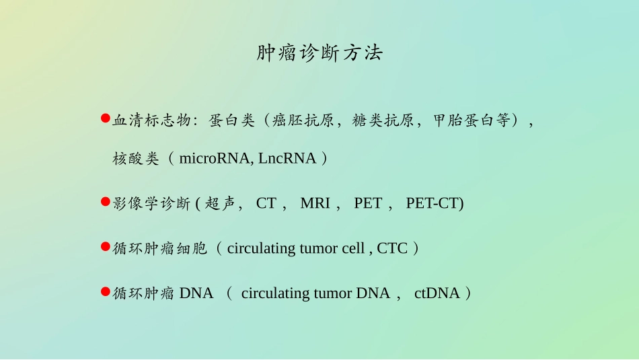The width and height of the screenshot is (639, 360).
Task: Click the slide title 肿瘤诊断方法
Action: coord(319,53)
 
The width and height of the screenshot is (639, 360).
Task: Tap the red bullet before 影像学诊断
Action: coord(105,202)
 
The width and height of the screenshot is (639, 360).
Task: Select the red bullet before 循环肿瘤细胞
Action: coord(105,247)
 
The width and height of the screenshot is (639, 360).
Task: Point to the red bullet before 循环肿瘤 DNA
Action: coord(105,291)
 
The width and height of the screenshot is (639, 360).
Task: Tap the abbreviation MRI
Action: coord(315,203)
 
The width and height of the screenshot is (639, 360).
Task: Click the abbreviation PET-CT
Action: coord(435,203)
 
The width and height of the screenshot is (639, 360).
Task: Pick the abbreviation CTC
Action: coord(392,248)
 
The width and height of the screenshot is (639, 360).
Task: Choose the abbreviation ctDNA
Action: coord(437,293)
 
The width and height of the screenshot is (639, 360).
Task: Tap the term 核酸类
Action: coord(136,159)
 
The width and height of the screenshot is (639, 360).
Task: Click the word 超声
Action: coord(223,203)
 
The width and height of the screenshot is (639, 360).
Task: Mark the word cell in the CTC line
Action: coord(353,248)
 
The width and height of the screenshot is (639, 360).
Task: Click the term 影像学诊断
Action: coord(152,203)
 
